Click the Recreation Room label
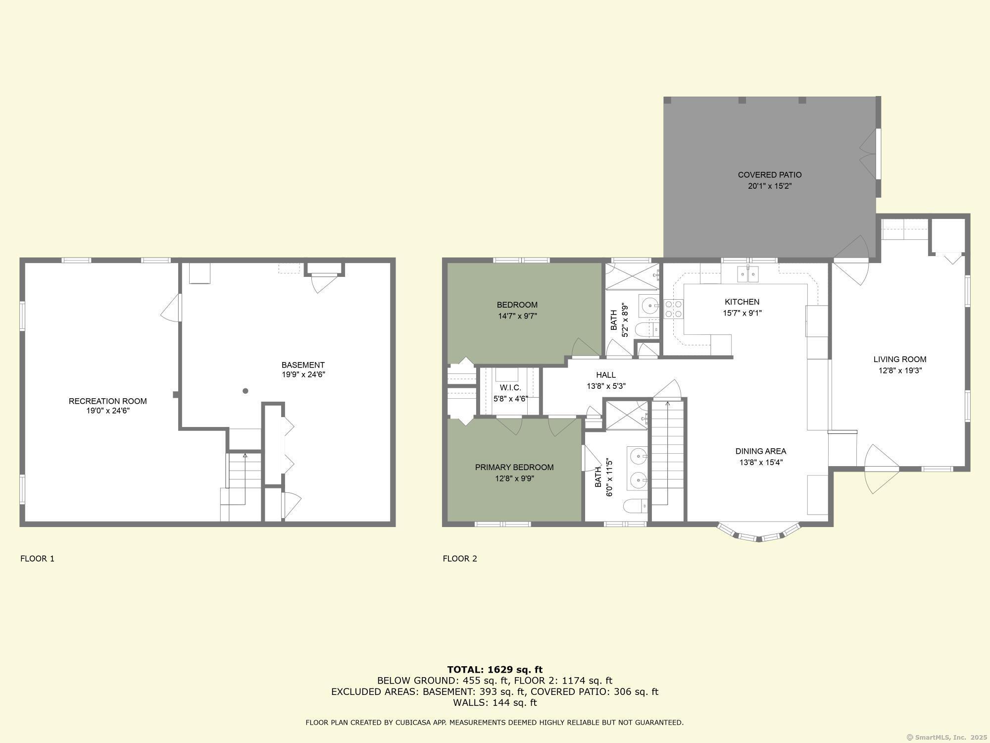[x=107, y=401]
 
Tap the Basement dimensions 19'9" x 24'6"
[x=303, y=374]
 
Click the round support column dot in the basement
[x=245, y=391]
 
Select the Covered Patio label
[x=769, y=175]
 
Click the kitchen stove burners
[x=673, y=309]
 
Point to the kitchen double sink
[x=747, y=274]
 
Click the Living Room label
[x=899, y=359]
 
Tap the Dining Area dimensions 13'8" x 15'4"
[x=760, y=463]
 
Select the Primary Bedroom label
[x=514, y=467]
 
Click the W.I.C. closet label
[x=510, y=388]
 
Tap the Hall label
[x=606, y=375]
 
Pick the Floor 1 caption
[x=37, y=559]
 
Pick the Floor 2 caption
[x=460, y=559]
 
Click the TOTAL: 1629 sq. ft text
[x=495, y=670]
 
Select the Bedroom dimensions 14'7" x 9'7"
[x=517, y=316]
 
